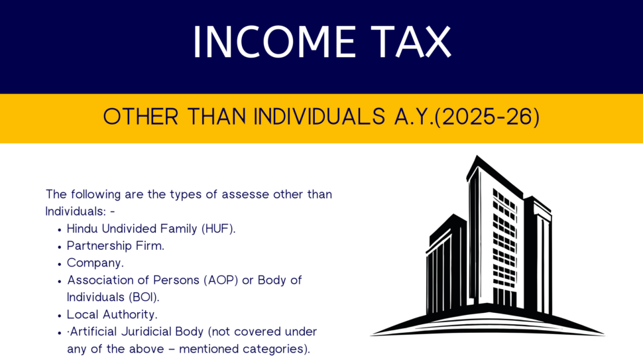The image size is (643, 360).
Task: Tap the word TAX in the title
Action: pos(412,42)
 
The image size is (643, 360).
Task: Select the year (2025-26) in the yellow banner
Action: pos(487,117)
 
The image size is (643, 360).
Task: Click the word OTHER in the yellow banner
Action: pos(141,117)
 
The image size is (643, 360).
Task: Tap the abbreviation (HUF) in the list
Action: pos(218,228)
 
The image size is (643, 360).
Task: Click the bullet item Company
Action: pos(95,263)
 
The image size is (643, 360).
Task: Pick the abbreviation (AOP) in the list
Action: pos(221,280)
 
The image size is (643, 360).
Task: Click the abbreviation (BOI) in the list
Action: pos(144,297)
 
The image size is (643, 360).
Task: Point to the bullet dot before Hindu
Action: pos(60,229)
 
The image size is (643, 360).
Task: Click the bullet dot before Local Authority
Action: pos(60,316)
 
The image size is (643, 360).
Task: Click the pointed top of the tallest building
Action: pos(477,156)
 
